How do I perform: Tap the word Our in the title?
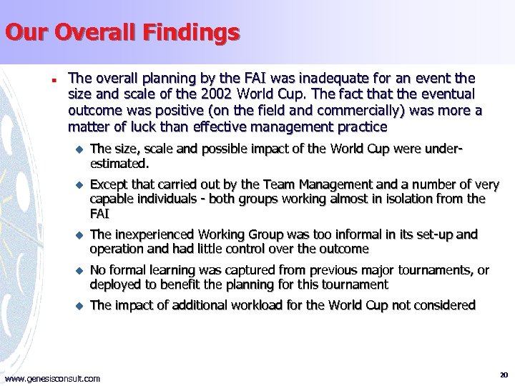pyautogui.click(x=26, y=33)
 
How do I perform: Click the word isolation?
pyautogui.click(x=426, y=198)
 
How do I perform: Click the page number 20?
pyautogui.click(x=504, y=375)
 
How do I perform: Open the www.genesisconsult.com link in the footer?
pyautogui.click(x=53, y=378)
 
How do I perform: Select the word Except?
pyautogui.click(x=109, y=184)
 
